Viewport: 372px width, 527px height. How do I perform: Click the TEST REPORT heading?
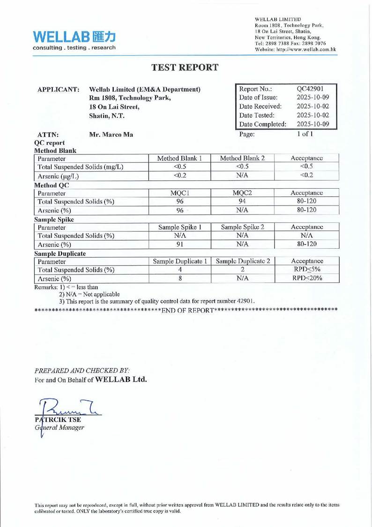(186, 67)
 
